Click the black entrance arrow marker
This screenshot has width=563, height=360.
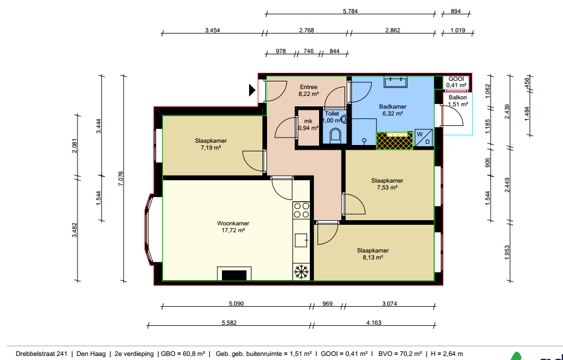[252, 90]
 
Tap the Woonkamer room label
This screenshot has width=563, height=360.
[233, 223]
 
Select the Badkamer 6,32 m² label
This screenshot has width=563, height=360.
[393, 110]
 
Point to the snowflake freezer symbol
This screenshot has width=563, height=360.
[302, 272]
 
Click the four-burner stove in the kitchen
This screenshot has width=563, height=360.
[301, 210]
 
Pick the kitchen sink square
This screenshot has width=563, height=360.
[301, 240]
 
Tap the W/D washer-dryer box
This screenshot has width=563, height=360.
[424, 138]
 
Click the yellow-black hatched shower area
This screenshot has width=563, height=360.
[394, 140]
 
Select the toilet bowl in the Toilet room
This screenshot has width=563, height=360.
[336, 135]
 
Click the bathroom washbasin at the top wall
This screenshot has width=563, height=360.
[396, 82]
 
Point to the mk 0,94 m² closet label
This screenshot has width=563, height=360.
[308, 125]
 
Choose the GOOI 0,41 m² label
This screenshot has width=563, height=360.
[457, 82]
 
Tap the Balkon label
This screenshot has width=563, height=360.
[458, 97]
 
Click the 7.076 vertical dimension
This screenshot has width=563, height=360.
[121, 179]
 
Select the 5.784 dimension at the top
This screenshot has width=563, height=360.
[350, 11]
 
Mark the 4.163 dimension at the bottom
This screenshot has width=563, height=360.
[374, 322]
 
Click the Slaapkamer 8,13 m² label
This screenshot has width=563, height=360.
[373, 254]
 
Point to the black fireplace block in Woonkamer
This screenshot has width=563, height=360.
[234, 275]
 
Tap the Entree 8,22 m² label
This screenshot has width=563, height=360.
[309, 91]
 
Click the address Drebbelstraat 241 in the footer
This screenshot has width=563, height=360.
[42, 354]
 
